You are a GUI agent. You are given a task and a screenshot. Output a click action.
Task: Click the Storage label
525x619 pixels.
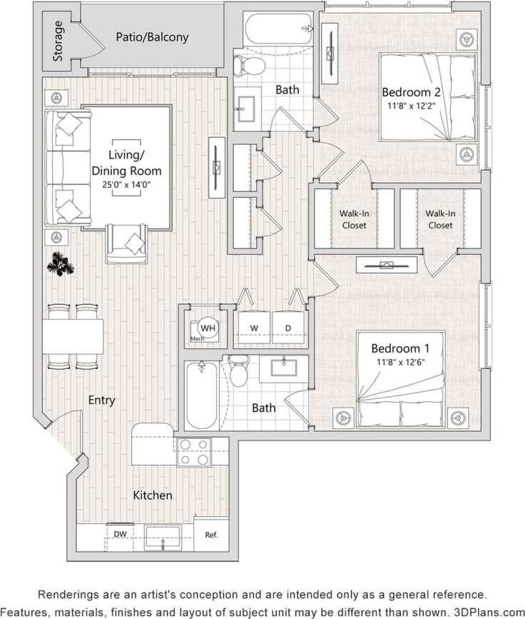(58, 42)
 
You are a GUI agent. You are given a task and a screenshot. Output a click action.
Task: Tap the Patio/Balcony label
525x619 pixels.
(153, 36)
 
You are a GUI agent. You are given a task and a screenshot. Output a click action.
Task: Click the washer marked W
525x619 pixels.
(253, 328)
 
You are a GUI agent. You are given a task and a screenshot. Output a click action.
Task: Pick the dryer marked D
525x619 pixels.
(289, 328)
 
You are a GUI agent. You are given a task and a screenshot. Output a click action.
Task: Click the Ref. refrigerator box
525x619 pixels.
(211, 534)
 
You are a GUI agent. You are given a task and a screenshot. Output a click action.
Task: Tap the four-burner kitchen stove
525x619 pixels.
(193, 452)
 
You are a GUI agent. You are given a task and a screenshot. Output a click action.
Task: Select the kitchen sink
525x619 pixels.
(163, 538)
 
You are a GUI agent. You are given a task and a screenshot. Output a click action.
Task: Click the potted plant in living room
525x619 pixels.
(60, 265)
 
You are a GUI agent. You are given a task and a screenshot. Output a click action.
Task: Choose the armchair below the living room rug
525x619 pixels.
(127, 243)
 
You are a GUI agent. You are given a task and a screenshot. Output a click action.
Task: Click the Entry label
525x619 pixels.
(101, 401)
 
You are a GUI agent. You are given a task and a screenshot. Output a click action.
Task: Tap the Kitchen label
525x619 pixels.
(153, 495)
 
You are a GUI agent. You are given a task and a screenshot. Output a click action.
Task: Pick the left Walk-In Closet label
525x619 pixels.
(354, 219)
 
